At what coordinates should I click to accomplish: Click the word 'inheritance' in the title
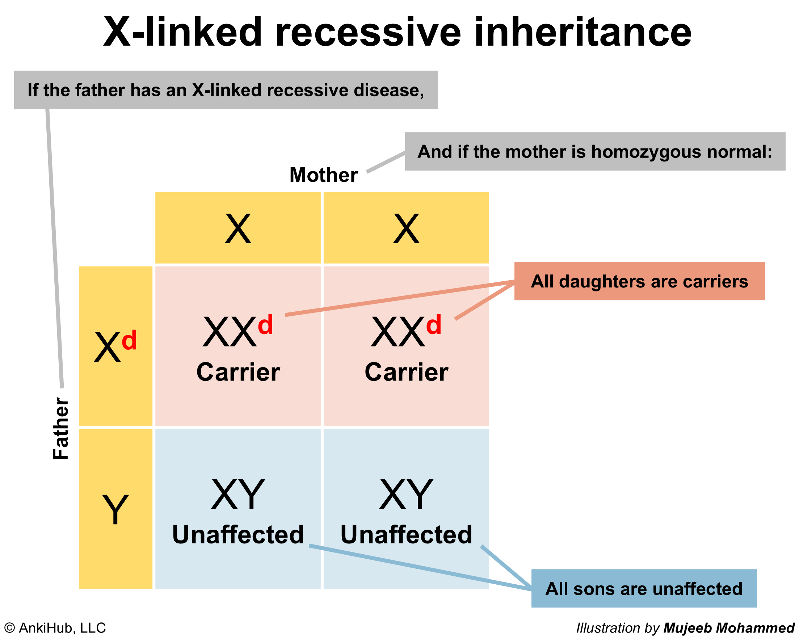click(583, 32)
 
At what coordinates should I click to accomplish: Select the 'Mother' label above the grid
click(324, 175)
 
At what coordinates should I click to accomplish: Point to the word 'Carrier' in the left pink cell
click(238, 372)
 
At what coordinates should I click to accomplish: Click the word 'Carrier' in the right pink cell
click(406, 372)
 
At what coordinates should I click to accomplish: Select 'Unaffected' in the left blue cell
click(238, 534)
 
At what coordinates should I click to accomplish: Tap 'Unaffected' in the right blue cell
click(406, 534)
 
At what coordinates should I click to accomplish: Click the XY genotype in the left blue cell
click(238, 495)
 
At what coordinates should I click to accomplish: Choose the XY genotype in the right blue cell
click(406, 495)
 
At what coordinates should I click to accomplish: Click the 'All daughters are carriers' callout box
click(640, 281)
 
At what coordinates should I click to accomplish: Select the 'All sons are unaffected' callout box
click(644, 589)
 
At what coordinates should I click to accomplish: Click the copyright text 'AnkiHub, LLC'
click(62, 628)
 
